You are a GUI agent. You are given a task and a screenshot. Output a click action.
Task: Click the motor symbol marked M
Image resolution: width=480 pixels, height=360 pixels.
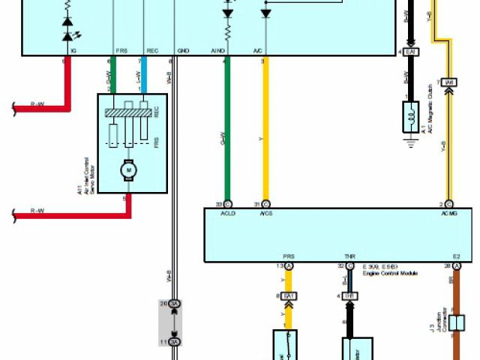click(128, 170)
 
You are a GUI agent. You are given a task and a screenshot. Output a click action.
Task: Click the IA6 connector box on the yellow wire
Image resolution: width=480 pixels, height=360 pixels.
click(449, 82)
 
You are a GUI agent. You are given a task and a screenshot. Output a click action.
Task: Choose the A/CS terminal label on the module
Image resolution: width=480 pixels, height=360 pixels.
click(265, 214)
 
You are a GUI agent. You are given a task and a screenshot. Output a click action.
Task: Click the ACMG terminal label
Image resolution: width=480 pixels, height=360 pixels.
click(448, 214)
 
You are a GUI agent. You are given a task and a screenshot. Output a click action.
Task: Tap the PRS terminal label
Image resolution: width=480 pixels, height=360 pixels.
click(288, 256)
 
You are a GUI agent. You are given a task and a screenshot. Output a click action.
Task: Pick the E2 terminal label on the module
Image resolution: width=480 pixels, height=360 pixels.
click(456, 256)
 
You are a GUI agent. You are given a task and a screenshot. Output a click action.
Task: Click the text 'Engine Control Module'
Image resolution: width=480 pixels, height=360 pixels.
click(390, 274)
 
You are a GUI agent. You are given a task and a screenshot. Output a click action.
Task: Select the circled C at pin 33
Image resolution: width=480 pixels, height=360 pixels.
click(229, 204)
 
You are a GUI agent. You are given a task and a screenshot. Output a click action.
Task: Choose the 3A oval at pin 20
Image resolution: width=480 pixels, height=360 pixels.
click(175, 304)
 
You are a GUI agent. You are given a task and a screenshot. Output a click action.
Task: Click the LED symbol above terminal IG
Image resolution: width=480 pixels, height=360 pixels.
click(69, 34)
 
